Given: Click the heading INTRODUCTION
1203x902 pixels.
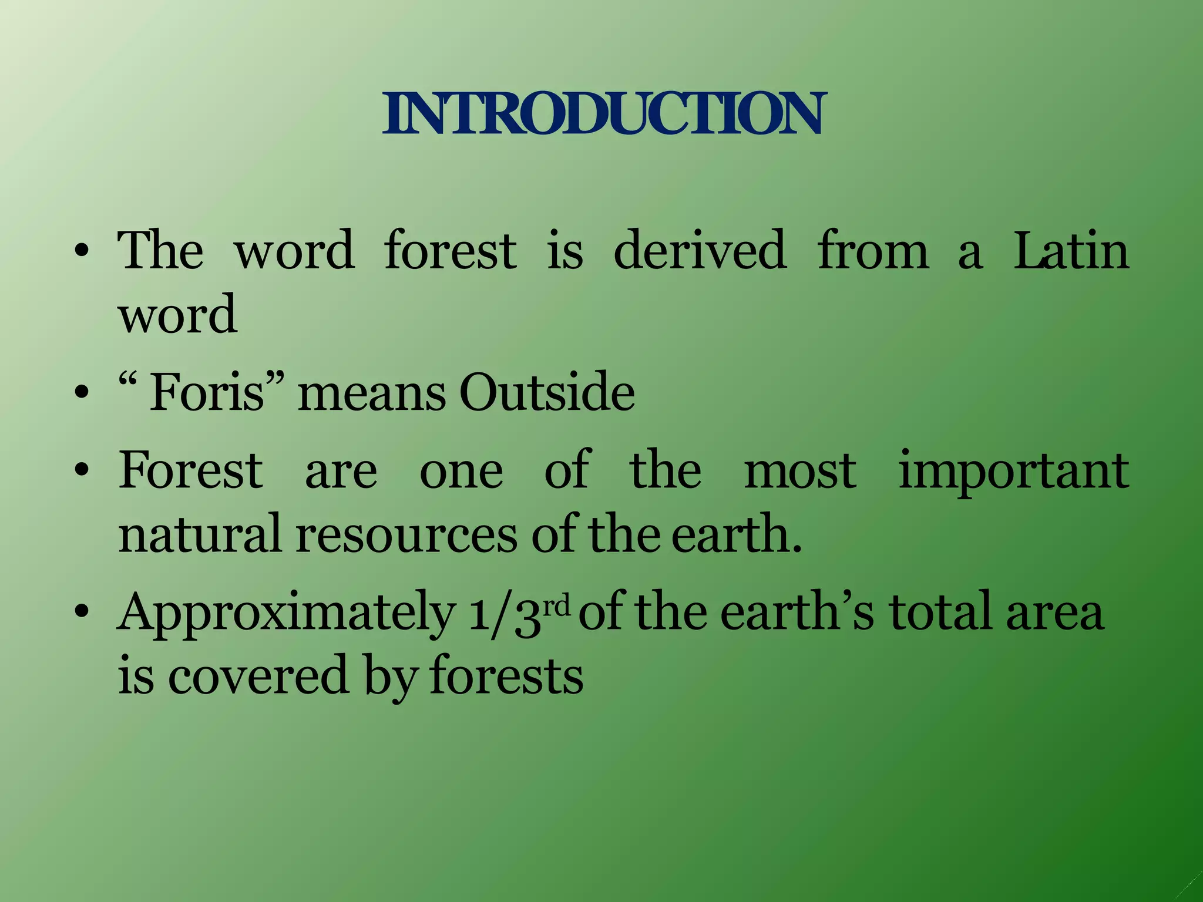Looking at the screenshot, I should tap(603, 113).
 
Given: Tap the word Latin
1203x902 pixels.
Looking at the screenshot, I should tap(1071, 250).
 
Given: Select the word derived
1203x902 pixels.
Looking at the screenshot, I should tap(699, 250).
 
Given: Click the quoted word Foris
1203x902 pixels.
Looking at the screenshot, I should tap(207, 392).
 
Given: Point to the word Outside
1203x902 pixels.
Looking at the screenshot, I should tap(547, 392).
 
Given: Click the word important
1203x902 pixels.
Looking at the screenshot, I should tap(1013, 472).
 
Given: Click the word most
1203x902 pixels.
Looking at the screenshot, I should tap(800, 472).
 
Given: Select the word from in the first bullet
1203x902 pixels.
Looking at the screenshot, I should tap(873, 250).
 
